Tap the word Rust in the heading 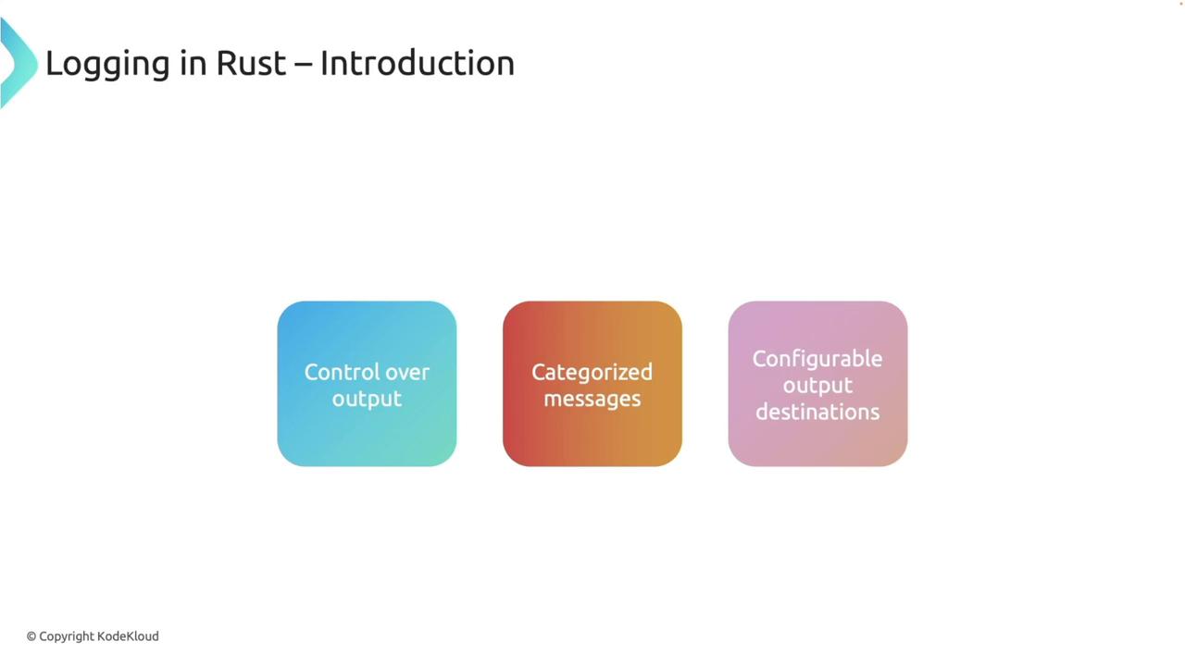(x=251, y=63)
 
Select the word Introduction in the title (x=417, y=63)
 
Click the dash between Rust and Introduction (x=304, y=65)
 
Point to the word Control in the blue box (x=339, y=372)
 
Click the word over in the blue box (x=405, y=372)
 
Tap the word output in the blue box (x=367, y=399)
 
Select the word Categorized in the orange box (x=592, y=372)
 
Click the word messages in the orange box (x=592, y=399)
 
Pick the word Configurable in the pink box (x=817, y=359)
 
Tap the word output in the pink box (x=817, y=385)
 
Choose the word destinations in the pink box (x=817, y=412)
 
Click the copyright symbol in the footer (x=31, y=636)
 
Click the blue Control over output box (x=367, y=435)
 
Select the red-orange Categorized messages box (x=592, y=435)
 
